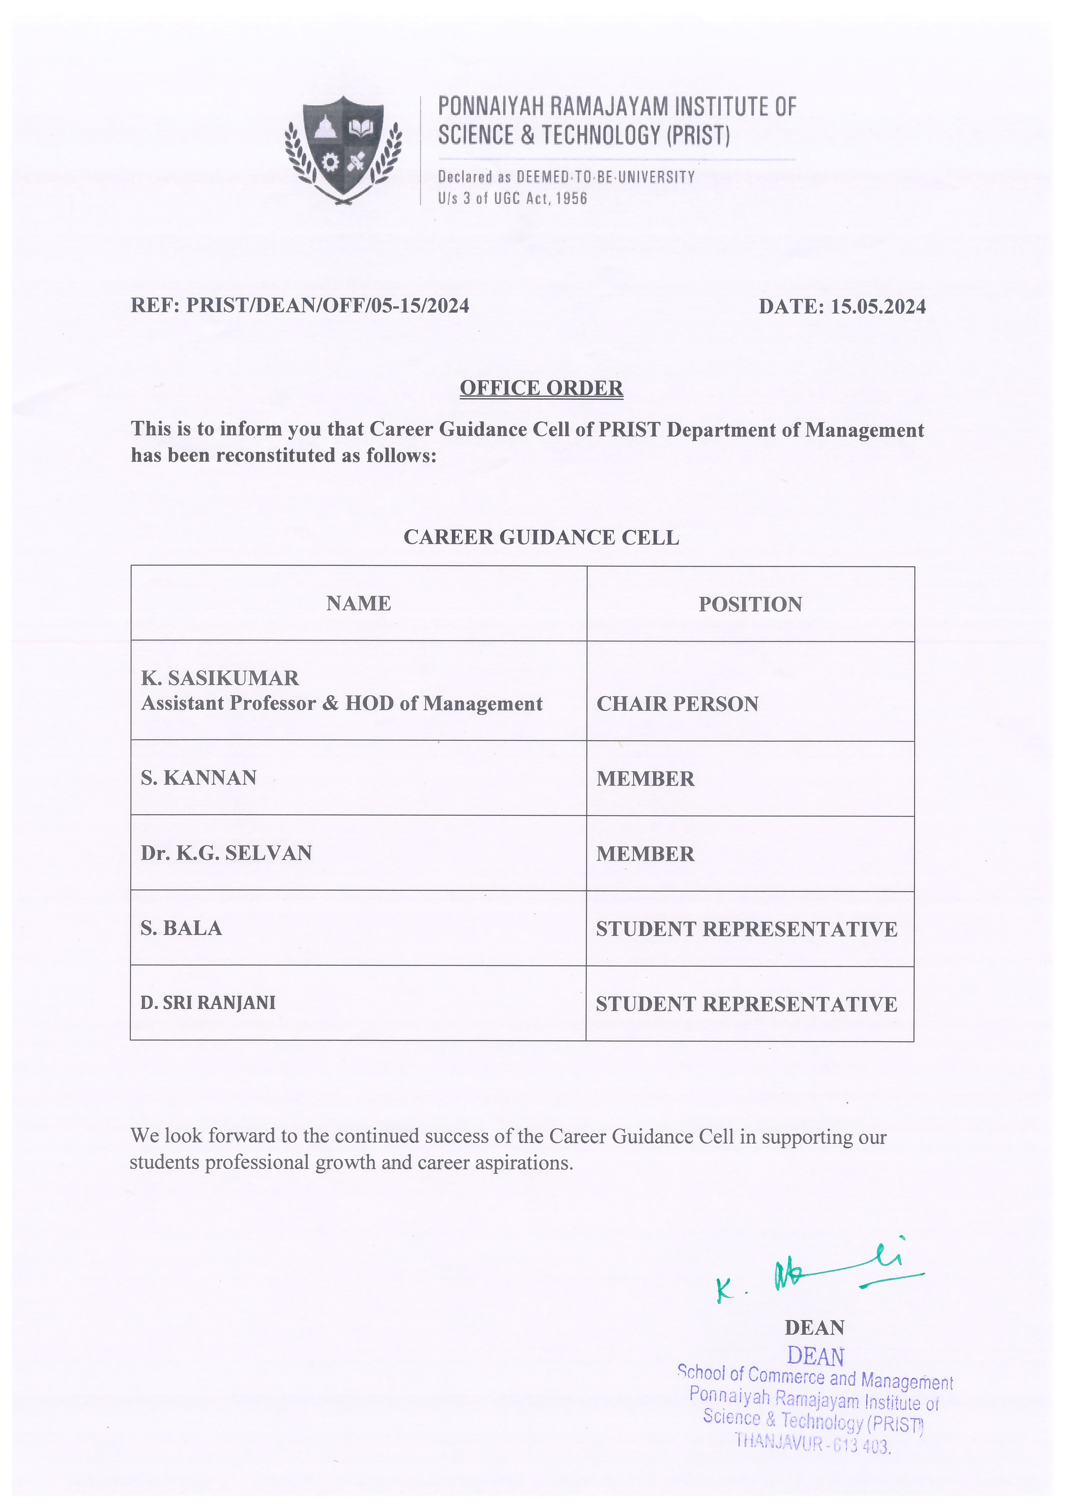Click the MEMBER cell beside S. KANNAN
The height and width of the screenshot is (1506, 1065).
[645, 779]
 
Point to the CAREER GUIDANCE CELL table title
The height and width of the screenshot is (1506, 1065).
[541, 537]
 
